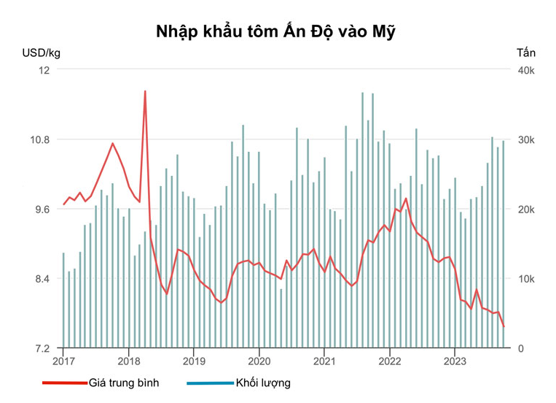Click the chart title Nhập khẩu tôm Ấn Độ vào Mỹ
277,31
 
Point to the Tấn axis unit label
525,53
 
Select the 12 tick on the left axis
44,70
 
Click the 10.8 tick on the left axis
40,139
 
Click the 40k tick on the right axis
527,70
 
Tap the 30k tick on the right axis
527,139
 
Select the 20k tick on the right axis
527,209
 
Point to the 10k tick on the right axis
527,279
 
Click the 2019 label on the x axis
194,361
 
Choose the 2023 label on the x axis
455,361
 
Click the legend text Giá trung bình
123,383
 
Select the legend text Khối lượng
262,383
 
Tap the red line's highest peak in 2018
145,91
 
